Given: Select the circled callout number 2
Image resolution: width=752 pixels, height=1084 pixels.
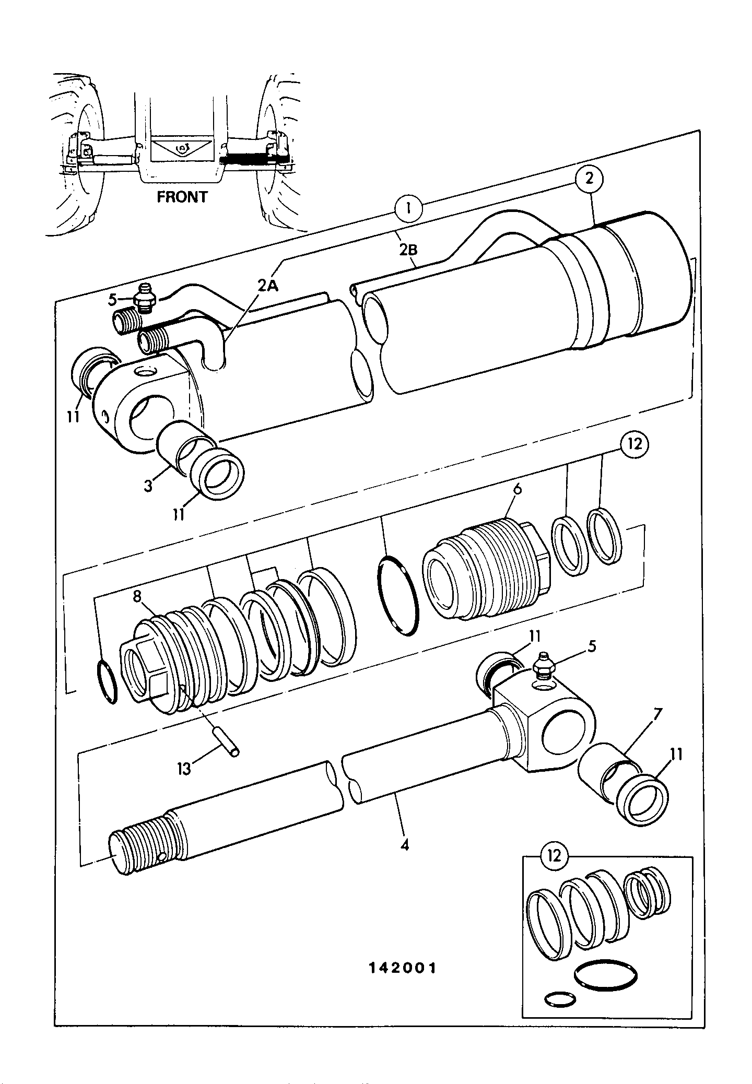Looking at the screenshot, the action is (x=589, y=179).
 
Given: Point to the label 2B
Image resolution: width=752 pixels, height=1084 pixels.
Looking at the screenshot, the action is (x=408, y=250).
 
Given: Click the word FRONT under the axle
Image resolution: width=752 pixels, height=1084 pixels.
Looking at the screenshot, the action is (x=182, y=197).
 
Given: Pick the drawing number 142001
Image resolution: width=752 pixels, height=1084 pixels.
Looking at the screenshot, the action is (x=402, y=968).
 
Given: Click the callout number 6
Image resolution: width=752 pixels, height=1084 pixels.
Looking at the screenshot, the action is (x=518, y=489).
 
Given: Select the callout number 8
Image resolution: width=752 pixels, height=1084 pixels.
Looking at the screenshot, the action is (x=137, y=597).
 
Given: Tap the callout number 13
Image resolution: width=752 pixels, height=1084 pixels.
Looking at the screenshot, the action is (x=184, y=769).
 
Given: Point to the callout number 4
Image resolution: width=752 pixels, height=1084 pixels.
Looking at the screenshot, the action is (x=405, y=844).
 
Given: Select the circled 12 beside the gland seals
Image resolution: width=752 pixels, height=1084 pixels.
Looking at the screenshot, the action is (x=634, y=444).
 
